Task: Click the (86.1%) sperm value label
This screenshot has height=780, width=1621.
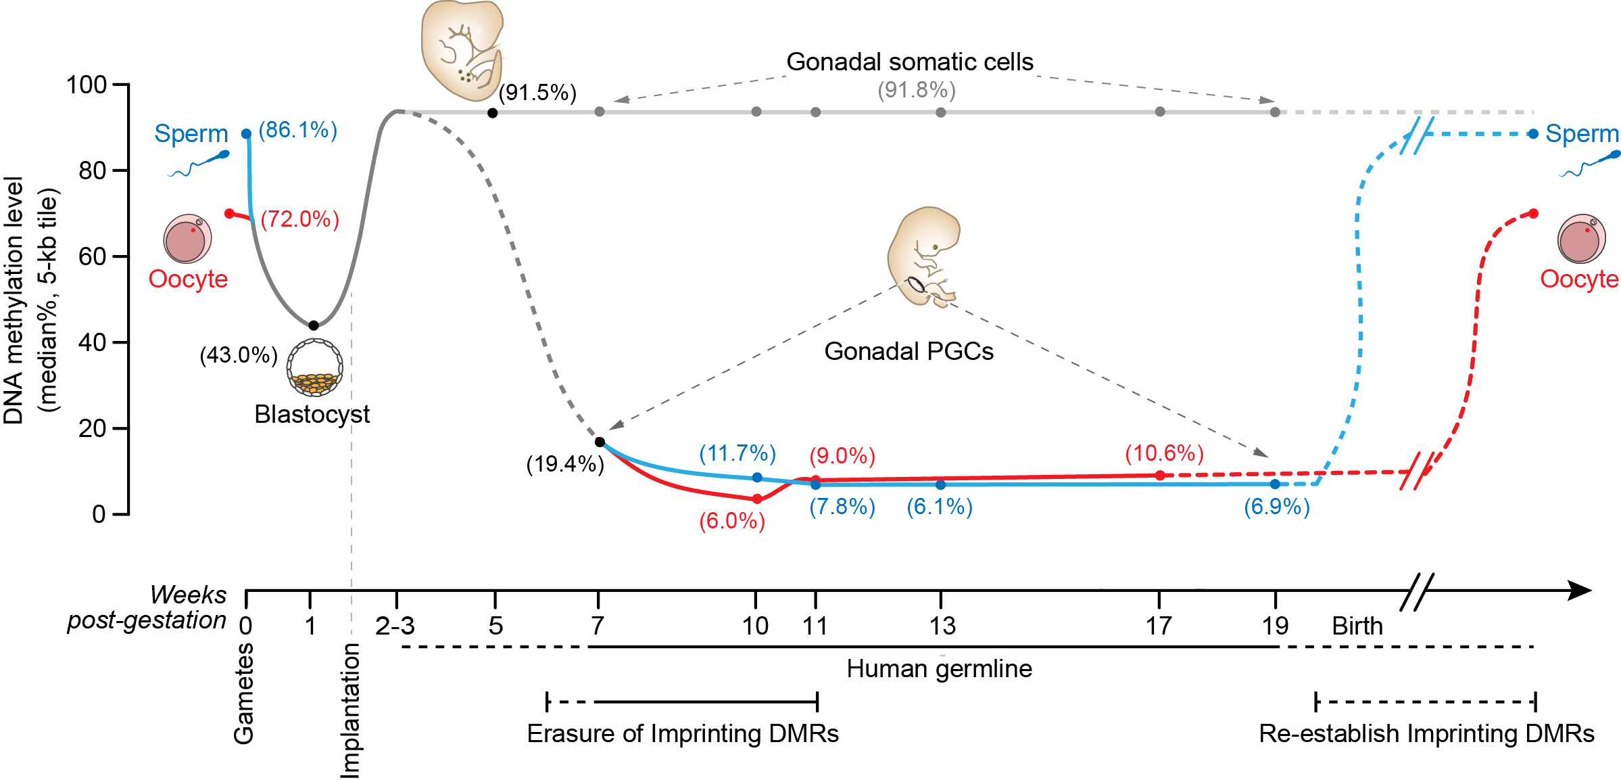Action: point(297,130)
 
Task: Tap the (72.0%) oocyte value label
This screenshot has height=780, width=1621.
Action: point(299,219)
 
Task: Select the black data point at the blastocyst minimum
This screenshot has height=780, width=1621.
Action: point(314,325)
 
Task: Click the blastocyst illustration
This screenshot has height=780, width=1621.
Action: point(314,368)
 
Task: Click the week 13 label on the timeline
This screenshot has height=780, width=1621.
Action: point(942,626)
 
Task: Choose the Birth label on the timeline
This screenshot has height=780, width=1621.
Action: point(1357,626)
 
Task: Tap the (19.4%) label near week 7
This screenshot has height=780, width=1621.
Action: point(565,464)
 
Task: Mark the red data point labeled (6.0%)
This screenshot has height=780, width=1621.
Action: point(757,499)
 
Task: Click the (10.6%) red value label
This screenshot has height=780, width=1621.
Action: point(1164,453)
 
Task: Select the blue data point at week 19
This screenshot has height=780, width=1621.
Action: point(1275,484)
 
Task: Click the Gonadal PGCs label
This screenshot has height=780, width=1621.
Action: point(909,351)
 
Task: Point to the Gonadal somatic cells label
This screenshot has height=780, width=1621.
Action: point(910,62)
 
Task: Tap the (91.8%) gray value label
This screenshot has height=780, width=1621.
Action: point(917,90)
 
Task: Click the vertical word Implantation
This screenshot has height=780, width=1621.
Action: point(350,710)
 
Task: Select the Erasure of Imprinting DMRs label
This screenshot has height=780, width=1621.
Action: point(683,733)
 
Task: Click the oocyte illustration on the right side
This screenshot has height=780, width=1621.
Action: point(1582,239)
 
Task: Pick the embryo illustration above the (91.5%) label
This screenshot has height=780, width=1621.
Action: point(462,49)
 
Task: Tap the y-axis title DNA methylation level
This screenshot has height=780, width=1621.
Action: point(14,300)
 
